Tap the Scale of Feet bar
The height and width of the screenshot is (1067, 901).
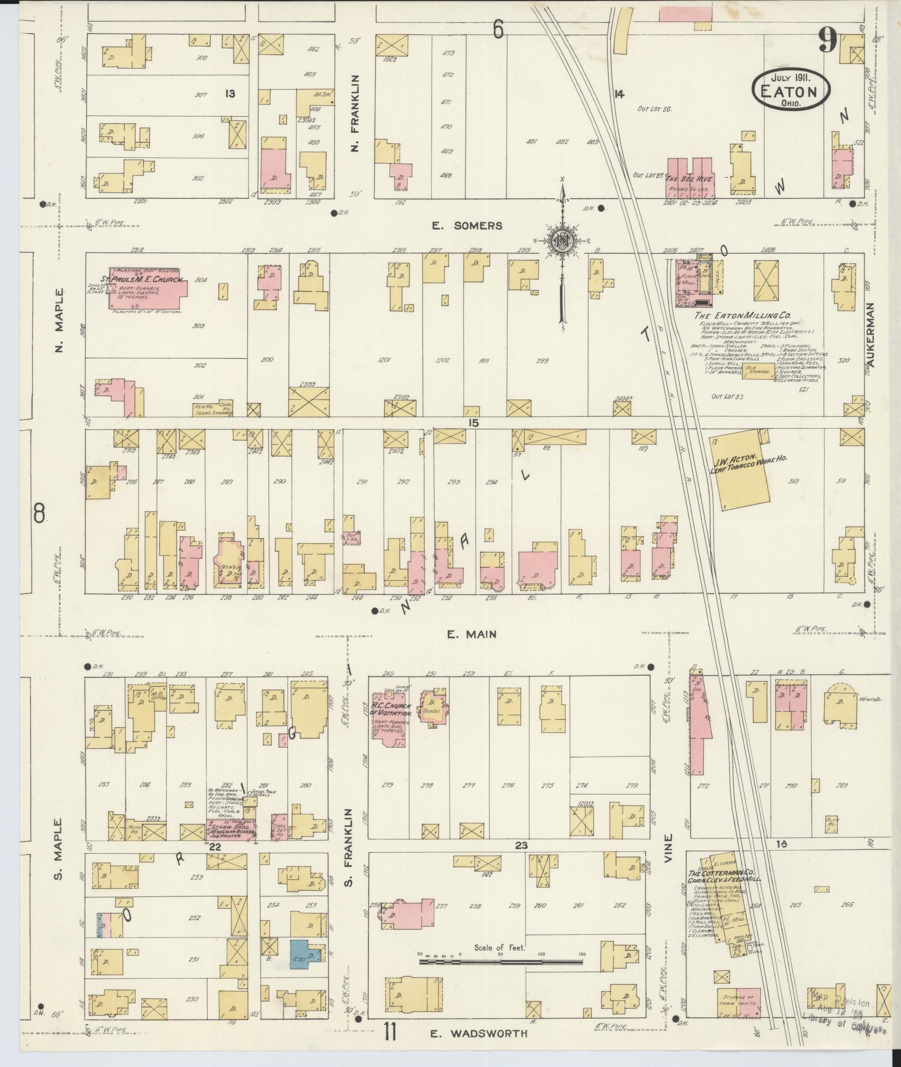click(501, 962)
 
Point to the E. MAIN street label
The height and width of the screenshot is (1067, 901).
click(472, 635)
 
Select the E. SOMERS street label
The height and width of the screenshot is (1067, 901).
click(468, 225)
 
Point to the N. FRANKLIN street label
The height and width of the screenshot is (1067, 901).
click(355, 114)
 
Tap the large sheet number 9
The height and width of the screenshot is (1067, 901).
click(827, 41)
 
